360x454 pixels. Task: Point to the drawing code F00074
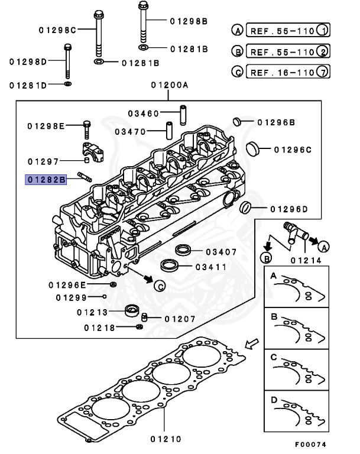click(x=310, y=444)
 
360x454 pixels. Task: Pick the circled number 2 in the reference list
click(x=322, y=53)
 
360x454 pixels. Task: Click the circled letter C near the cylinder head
click(x=159, y=287)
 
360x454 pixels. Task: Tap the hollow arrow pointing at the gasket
click(x=251, y=344)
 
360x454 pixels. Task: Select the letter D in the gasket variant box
click(x=274, y=399)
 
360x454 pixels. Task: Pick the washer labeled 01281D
click(x=68, y=85)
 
